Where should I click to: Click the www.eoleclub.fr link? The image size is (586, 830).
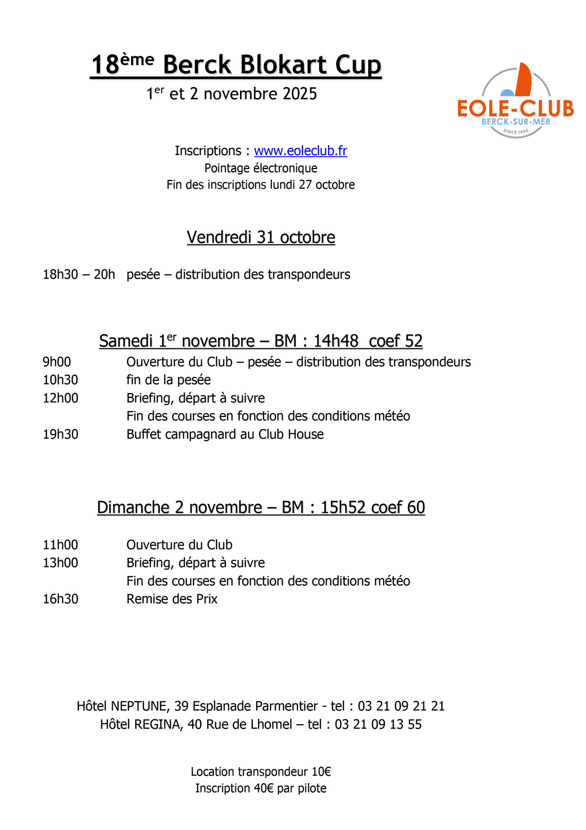click(301, 151)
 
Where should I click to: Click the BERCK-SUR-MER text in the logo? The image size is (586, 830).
click(516, 122)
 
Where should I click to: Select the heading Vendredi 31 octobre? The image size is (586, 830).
click(261, 237)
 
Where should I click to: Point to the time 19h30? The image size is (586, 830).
click(60, 434)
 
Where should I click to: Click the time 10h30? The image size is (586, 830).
click(60, 380)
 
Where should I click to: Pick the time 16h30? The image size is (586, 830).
click(60, 599)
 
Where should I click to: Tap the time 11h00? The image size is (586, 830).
click(60, 545)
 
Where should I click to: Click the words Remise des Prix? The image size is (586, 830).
click(172, 599)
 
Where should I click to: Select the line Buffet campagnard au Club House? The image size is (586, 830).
click(225, 434)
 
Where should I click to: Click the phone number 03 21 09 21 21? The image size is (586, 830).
click(401, 706)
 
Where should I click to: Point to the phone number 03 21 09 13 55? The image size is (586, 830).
click(378, 724)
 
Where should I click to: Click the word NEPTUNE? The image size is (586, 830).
click(139, 706)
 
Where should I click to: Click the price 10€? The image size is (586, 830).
click(321, 772)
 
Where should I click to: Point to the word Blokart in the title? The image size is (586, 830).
click(245, 65)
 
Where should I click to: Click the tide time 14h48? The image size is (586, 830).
click(336, 341)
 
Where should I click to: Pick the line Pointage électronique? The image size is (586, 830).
click(261, 168)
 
